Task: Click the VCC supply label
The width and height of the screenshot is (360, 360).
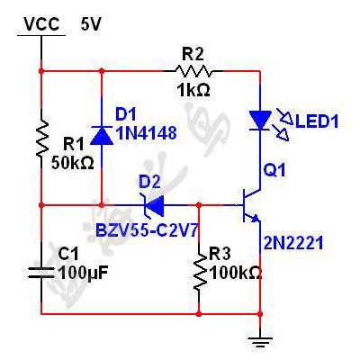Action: [x=41, y=24]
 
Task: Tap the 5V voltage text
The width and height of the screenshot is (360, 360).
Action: [x=91, y=24]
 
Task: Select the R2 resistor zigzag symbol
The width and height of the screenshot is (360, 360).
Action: [x=193, y=71]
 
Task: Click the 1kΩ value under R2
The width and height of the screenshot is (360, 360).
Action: [x=193, y=89]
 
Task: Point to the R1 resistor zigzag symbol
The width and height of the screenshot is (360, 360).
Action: [x=41, y=139]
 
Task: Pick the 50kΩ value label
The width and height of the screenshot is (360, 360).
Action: [x=73, y=163]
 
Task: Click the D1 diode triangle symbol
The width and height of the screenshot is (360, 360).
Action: [x=102, y=136]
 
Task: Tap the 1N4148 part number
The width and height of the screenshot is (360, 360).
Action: [x=146, y=132]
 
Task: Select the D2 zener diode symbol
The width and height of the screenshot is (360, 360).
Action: [x=153, y=205]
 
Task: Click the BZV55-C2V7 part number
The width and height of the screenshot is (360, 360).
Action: [x=147, y=230]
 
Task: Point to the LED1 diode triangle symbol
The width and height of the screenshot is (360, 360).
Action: [x=260, y=121]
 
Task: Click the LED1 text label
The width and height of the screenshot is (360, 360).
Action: [x=317, y=121]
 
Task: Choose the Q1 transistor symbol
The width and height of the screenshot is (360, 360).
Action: [x=250, y=205]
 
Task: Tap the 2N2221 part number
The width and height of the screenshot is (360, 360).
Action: [x=293, y=243]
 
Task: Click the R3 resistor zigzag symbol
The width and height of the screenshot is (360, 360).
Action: [x=199, y=273]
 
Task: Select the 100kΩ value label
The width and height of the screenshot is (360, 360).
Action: [x=236, y=273]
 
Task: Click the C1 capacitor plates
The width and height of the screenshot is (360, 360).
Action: [x=41, y=272]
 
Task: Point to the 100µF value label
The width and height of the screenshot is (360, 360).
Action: [x=83, y=274]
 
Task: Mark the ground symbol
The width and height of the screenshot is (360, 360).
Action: [x=260, y=342]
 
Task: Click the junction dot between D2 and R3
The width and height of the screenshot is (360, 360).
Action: [x=199, y=205]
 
